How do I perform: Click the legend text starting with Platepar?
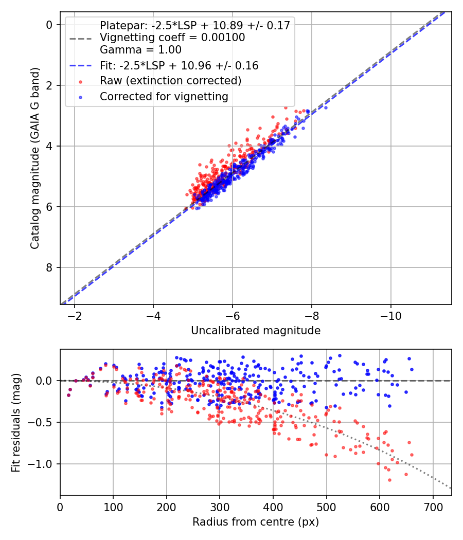pos(195,26)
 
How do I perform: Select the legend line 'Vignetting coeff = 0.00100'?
pos(172,38)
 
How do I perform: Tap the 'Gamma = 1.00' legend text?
pos(140,50)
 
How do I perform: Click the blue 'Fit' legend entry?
pos(179,66)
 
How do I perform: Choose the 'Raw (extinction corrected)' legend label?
pos(170,81)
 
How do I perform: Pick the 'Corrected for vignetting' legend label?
pos(164,96)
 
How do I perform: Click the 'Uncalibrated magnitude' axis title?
pos(256,331)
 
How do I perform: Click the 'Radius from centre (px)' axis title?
pos(256,522)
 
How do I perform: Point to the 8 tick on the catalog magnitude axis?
pos(49,267)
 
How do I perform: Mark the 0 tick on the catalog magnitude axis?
pos(49,25)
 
